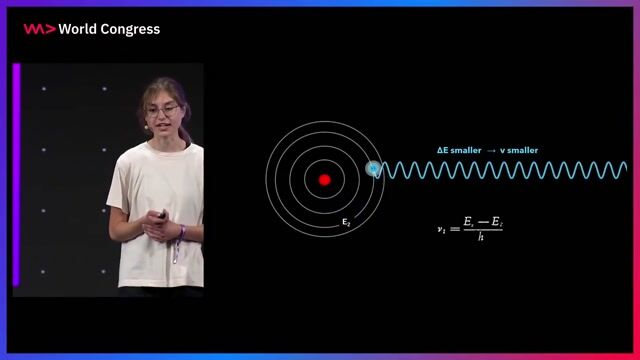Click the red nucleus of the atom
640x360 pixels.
coord(324,180)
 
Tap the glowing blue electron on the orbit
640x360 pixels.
coord(374,169)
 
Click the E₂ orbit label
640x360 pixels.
coord(346,222)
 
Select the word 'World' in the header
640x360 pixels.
coord(78,29)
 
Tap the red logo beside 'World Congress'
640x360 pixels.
coord(39,29)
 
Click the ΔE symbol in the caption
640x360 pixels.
coord(443,150)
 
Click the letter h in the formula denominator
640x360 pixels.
coord(481,238)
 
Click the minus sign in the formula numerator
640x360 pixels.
coord(481,222)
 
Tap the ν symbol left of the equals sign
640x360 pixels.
coord(440,229)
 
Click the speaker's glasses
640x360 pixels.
coord(161,110)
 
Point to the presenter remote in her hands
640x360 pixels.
coord(160,213)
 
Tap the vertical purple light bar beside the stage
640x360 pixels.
coord(16,175)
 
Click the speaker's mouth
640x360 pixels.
coord(159,126)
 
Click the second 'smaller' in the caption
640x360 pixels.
coord(522,150)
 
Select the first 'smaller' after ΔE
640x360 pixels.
coord(466,150)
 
